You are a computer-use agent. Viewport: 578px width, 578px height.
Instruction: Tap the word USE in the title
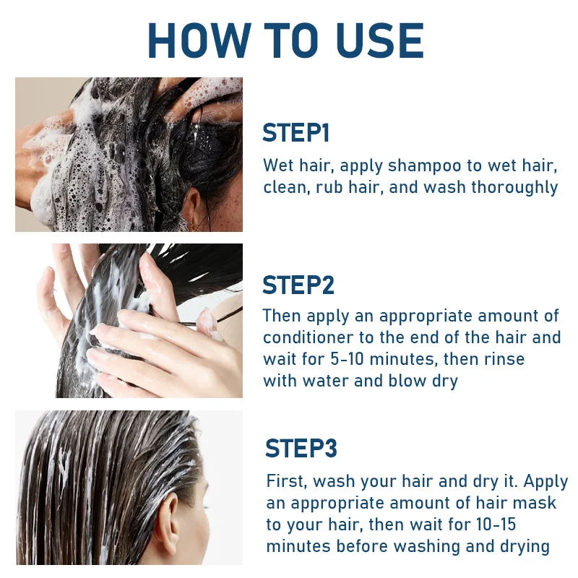380,40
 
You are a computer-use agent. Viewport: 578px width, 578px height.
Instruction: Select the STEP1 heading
296,133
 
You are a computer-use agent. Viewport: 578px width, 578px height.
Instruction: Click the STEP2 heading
298,285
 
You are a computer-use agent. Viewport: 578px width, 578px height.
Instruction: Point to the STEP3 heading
301,448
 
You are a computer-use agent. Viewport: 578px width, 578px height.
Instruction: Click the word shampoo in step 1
424,166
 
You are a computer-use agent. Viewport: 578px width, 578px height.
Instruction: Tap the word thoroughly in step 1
514,188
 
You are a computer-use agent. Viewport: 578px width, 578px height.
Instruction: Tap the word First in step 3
286,481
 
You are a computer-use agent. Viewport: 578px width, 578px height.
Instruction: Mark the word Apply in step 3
545,482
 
